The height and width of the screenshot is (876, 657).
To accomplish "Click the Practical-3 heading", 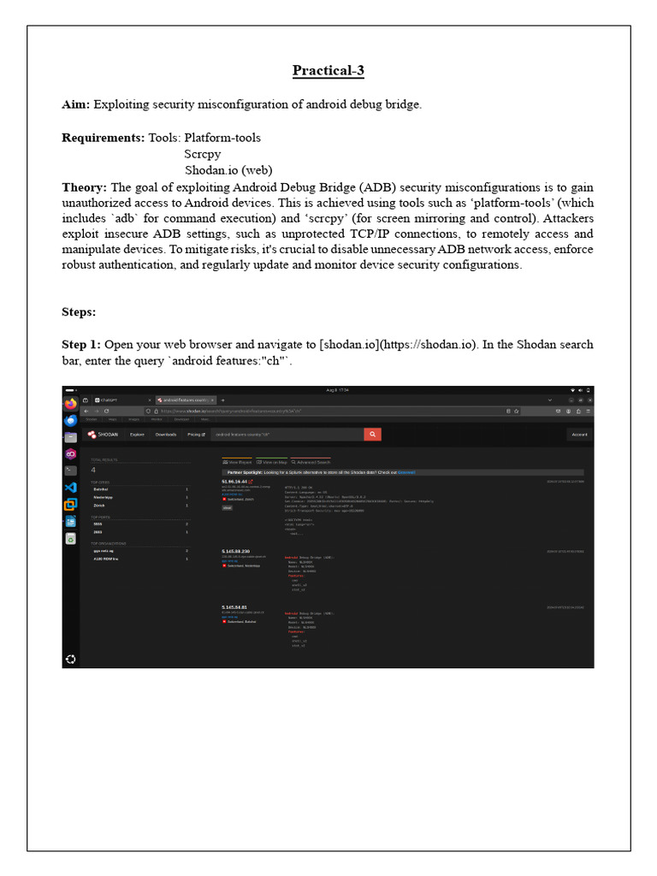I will pyautogui.click(x=328, y=70).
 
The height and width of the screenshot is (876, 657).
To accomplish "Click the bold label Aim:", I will pyautogui.click(x=76, y=104).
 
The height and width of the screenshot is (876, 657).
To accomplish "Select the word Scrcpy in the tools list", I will pyautogui.click(x=202, y=154).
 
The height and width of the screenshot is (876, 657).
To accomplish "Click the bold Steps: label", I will pyautogui.click(x=79, y=311).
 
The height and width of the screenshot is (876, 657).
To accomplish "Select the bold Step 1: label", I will pyautogui.click(x=83, y=344).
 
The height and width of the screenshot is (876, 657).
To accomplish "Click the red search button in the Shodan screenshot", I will pyautogui.click(x=372, y=435).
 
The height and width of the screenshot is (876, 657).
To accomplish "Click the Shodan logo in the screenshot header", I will pyautogui.click(x=104, y=435).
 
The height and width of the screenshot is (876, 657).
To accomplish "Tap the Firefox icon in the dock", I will pyautogui.click(x=70, y=403).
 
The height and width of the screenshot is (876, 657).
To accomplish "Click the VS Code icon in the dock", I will pyautogui.click(x=70, y=487).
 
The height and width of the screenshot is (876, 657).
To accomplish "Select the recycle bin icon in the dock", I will pyautogui.click(x=70, y=539).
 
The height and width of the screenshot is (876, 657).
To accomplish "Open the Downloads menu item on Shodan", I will pyautogui.click(x=166, y=435).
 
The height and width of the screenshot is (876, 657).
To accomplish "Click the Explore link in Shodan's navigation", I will pyautogui.click(x=137, y=435).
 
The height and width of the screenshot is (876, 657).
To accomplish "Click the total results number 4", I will pyautogui.click(x=93, y=470).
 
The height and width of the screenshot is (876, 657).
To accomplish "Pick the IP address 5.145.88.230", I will pyautogui.click(x=235, y=551).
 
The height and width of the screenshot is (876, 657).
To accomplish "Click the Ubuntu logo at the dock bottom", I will pyautogui.click(x=70, y=658).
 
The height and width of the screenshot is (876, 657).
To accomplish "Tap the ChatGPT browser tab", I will pyautogui.click(x=109, y=400).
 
